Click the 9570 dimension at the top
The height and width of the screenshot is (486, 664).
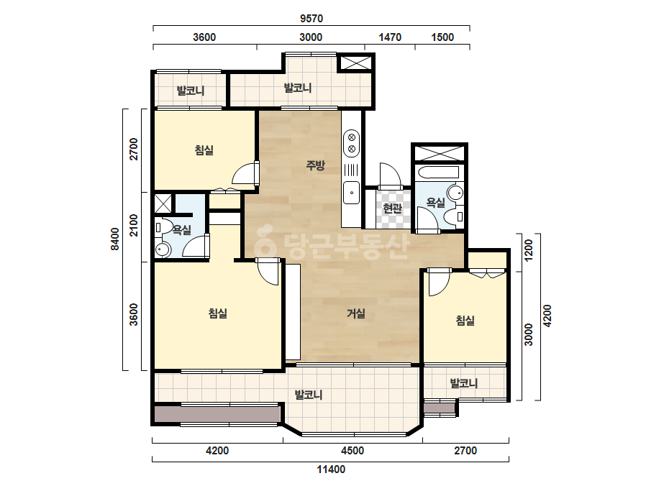[x=311, y=19]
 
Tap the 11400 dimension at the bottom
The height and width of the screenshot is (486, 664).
[x=331, y=469]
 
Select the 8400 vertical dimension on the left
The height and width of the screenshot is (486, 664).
[x=115, y=239]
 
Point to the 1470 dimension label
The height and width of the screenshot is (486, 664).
[x=390, y=37]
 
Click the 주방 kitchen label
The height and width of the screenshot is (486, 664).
[x=315, y=165]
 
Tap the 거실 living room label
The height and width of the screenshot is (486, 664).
[x=355, y=313]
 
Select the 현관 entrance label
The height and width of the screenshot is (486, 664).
[x=391, y=208]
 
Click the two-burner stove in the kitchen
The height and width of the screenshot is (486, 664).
[x=352, y=143]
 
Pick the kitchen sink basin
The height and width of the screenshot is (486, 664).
[x=352, y=193]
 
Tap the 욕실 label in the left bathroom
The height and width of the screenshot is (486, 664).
[x=182, y=230]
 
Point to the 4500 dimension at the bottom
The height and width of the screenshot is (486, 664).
[x=353, y=451]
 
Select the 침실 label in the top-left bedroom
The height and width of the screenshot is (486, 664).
[x=204, y=150]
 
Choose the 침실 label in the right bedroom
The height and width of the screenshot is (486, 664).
[x=465, y=321]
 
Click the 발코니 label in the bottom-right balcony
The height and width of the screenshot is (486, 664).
[x=464, y=383]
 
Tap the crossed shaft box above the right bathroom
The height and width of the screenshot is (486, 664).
[x=439, y=153]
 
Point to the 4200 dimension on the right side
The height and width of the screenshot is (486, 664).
[x=547, y=316]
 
